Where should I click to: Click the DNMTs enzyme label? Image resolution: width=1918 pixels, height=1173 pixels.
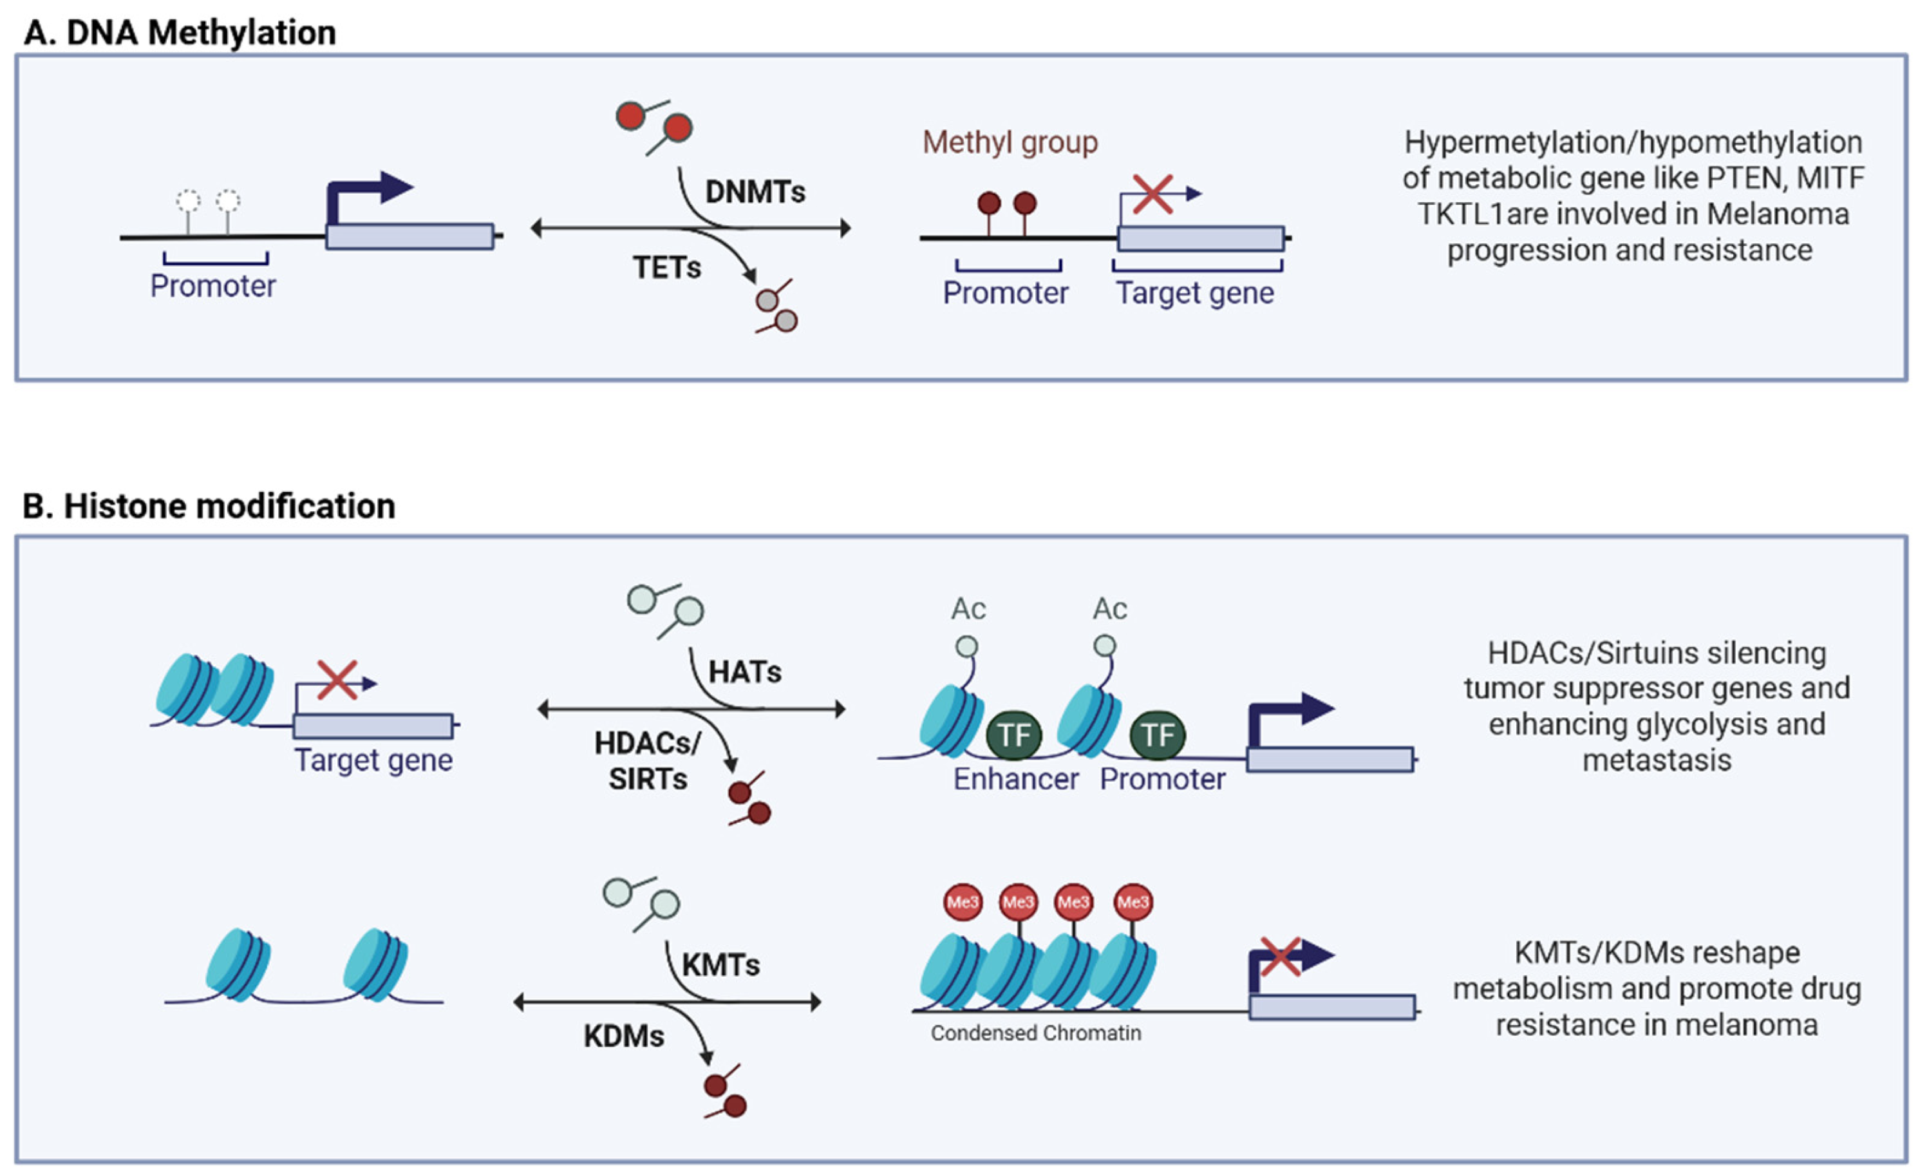coord(755,191)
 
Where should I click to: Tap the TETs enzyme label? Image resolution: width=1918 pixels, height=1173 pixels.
coord(666,268)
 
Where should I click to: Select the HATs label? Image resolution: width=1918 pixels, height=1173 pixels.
coord(745,671)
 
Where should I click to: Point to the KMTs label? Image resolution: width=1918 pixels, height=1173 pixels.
coord(721,965)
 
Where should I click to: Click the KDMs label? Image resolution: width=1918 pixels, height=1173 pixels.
coord(625,1036)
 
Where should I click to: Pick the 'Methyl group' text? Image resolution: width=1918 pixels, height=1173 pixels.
coord(1010,142)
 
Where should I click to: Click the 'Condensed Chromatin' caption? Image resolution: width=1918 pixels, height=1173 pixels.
coord(1036,1033)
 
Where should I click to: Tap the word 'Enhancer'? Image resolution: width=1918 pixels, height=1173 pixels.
coord(1016,778)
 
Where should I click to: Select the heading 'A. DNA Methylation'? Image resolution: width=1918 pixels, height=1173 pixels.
coord(180,33)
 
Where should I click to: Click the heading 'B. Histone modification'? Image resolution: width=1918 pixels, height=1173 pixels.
coord(209,506)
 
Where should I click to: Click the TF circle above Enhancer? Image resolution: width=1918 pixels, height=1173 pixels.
coord(1013,735)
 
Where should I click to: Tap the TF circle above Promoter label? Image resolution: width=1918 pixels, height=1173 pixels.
coord(1158,735)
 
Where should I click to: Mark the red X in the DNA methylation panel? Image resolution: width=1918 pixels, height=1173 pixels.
coord(1153,194)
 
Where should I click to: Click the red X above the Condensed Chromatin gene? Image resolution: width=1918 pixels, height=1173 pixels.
coord(1281,957)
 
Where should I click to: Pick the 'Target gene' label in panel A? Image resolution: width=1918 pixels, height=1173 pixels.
coord(1195,293)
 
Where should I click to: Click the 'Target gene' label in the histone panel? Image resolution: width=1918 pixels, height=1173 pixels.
coord(373,760)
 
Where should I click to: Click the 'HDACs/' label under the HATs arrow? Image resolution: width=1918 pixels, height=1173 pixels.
coord(648,744)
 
